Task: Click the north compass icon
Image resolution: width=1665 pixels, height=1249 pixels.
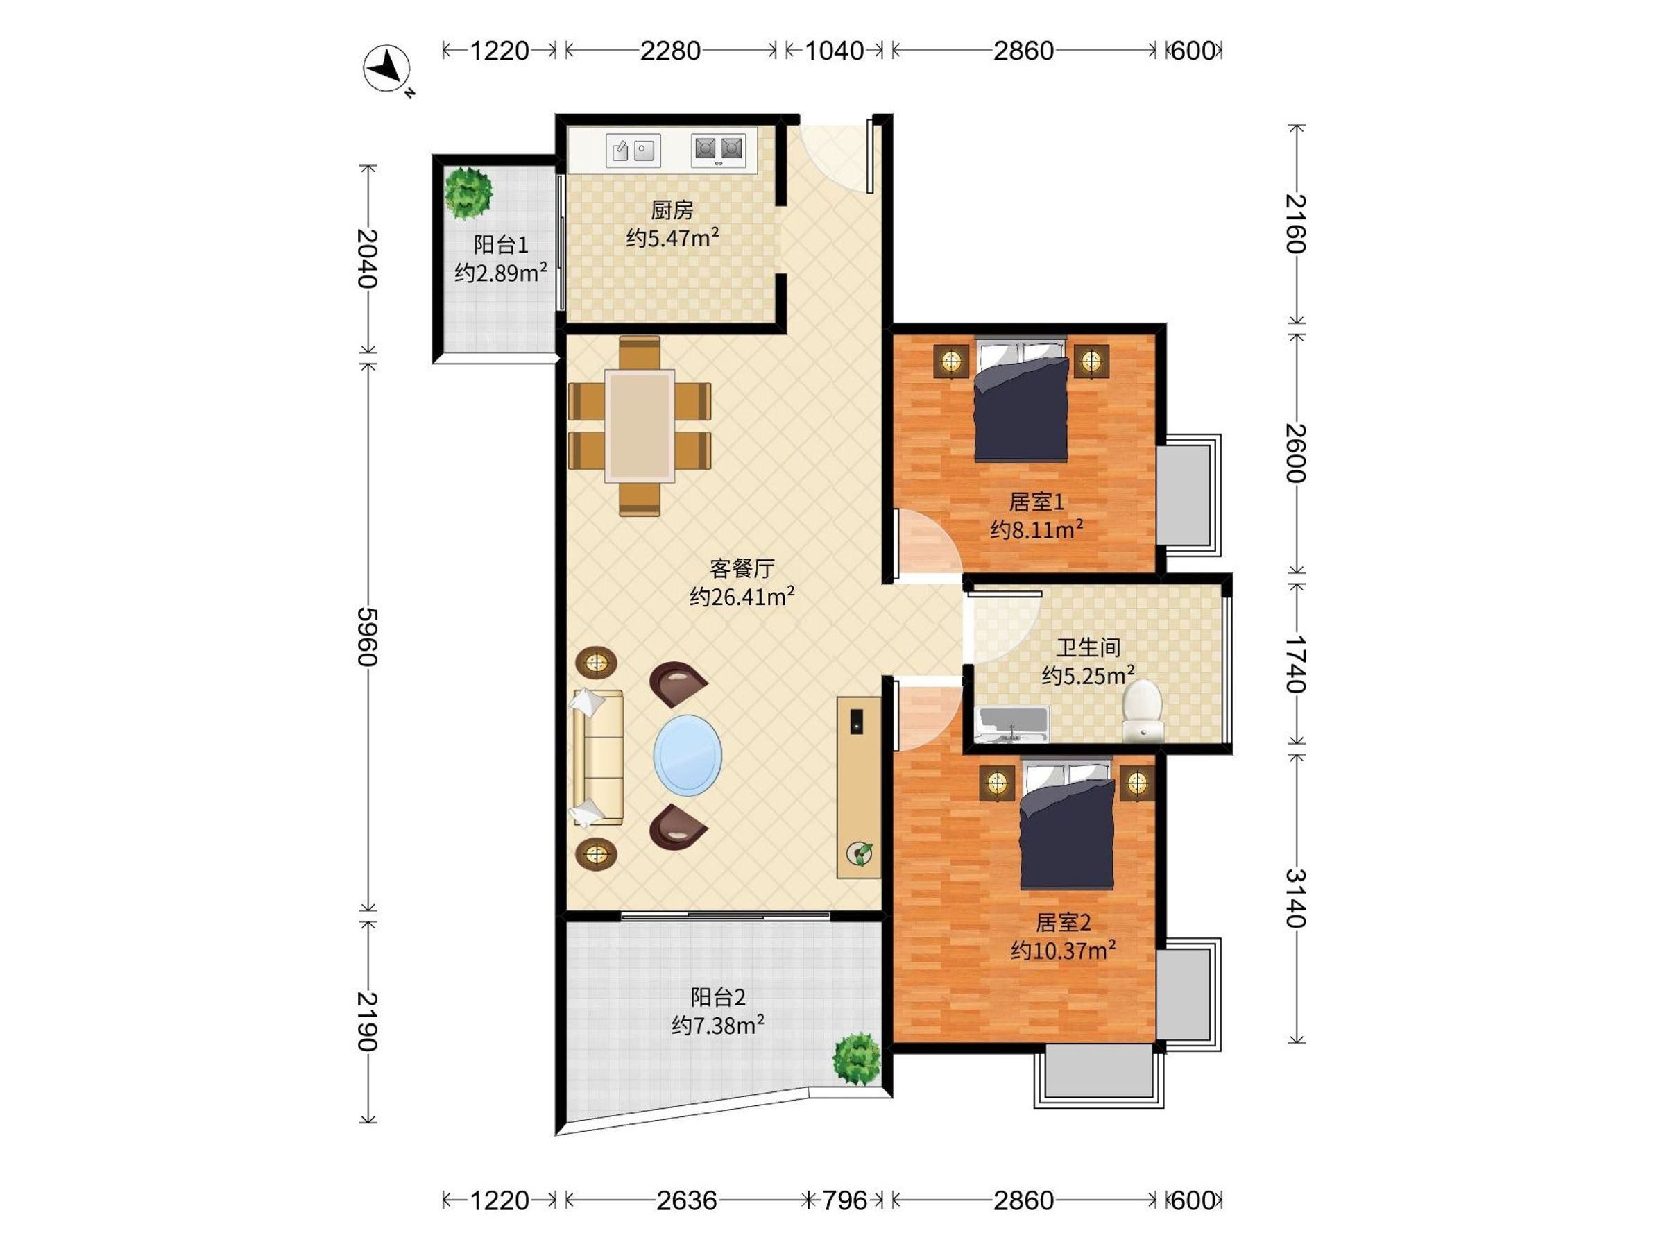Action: (387, 69)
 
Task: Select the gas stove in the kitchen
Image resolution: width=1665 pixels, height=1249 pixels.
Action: (718, 150)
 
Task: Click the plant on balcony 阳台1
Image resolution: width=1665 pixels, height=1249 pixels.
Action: (468, 193)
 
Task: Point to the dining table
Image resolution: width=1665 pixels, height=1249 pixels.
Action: (639, 425)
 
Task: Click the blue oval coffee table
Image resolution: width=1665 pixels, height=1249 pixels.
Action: (688, 754)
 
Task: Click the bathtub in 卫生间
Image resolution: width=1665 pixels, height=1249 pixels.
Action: (1012, 724)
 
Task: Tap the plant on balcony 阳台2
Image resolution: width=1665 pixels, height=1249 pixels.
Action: (857, 1057)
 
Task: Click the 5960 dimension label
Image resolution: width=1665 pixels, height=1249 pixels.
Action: (366, 636)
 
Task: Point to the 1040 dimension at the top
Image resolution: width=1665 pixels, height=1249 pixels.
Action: (834, 51)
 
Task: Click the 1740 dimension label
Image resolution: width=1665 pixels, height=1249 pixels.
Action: (1295, 663)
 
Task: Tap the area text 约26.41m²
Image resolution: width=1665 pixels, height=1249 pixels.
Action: (742, 597)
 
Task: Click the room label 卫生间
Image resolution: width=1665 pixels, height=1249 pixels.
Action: (1088, 647)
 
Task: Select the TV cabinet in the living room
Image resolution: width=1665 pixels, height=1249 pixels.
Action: (859, 788)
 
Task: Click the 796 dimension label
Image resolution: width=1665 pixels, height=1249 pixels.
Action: (844, 1200)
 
